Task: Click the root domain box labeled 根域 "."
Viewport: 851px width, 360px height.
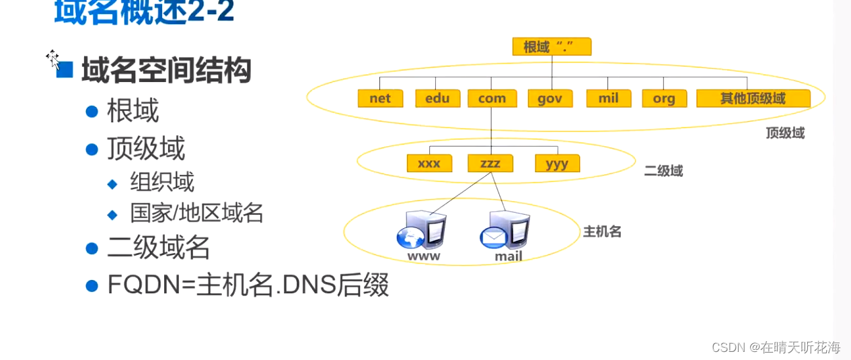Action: coord(552,46)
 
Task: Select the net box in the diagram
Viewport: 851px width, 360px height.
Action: coord(380,98)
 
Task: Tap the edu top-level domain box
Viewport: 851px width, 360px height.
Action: coord(437,98)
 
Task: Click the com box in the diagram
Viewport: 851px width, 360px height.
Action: coord(492,98)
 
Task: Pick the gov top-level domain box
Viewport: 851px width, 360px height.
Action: coord(550,98)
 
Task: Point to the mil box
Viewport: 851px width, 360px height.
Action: coord(608,98)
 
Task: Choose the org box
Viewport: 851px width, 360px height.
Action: coord(664,98)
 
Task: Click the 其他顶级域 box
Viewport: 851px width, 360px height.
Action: coord(753,98)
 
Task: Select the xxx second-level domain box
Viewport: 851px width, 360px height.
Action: coord(429,164)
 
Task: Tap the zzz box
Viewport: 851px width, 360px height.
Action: coord(490,164)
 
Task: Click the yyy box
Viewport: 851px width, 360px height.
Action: coord(557,164)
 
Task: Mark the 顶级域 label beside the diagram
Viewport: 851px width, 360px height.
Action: coord(784,133)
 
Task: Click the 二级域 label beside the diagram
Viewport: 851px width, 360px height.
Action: coord(663,171)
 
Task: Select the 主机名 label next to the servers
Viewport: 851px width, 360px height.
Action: coord(601,232)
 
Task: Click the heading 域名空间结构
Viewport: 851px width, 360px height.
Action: coord(166,71)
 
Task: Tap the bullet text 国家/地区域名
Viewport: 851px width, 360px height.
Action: coord(196,213)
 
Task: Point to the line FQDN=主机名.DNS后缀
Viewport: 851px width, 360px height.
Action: coord(248,285)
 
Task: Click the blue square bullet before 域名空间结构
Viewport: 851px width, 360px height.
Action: coord(65,69)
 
